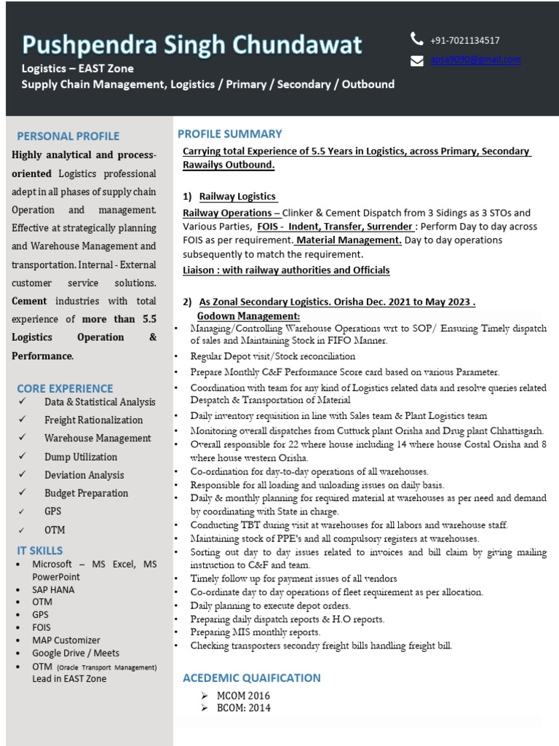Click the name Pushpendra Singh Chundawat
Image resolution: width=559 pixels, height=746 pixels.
click(191, 45)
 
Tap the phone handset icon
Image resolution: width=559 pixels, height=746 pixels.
click(416, 39)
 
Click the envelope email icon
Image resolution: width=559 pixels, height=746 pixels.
click(416, 60)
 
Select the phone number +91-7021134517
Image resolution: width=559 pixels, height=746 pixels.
click(464, 41)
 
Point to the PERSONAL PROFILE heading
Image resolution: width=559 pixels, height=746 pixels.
click(68, 136)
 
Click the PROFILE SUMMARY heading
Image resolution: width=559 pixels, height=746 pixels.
click(229, 134)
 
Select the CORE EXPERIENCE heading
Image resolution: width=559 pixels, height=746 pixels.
click(65, 388)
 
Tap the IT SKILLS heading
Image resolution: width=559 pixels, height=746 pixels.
click(40, 551)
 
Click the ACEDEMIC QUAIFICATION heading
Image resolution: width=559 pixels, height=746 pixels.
click(251, 678)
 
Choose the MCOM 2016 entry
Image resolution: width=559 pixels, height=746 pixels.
click(244, 696)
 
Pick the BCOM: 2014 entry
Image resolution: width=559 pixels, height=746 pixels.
click(244, 708)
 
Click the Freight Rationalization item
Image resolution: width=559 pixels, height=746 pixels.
click(93, 420)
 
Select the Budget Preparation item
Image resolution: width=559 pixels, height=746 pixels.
click(86, 493)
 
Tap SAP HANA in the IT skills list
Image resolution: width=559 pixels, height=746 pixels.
click(53, 589)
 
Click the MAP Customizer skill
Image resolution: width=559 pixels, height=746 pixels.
click(66, 640)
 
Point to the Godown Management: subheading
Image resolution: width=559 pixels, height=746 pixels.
click(248, 316)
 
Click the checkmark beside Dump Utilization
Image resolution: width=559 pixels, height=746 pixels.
click(24, 457)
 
